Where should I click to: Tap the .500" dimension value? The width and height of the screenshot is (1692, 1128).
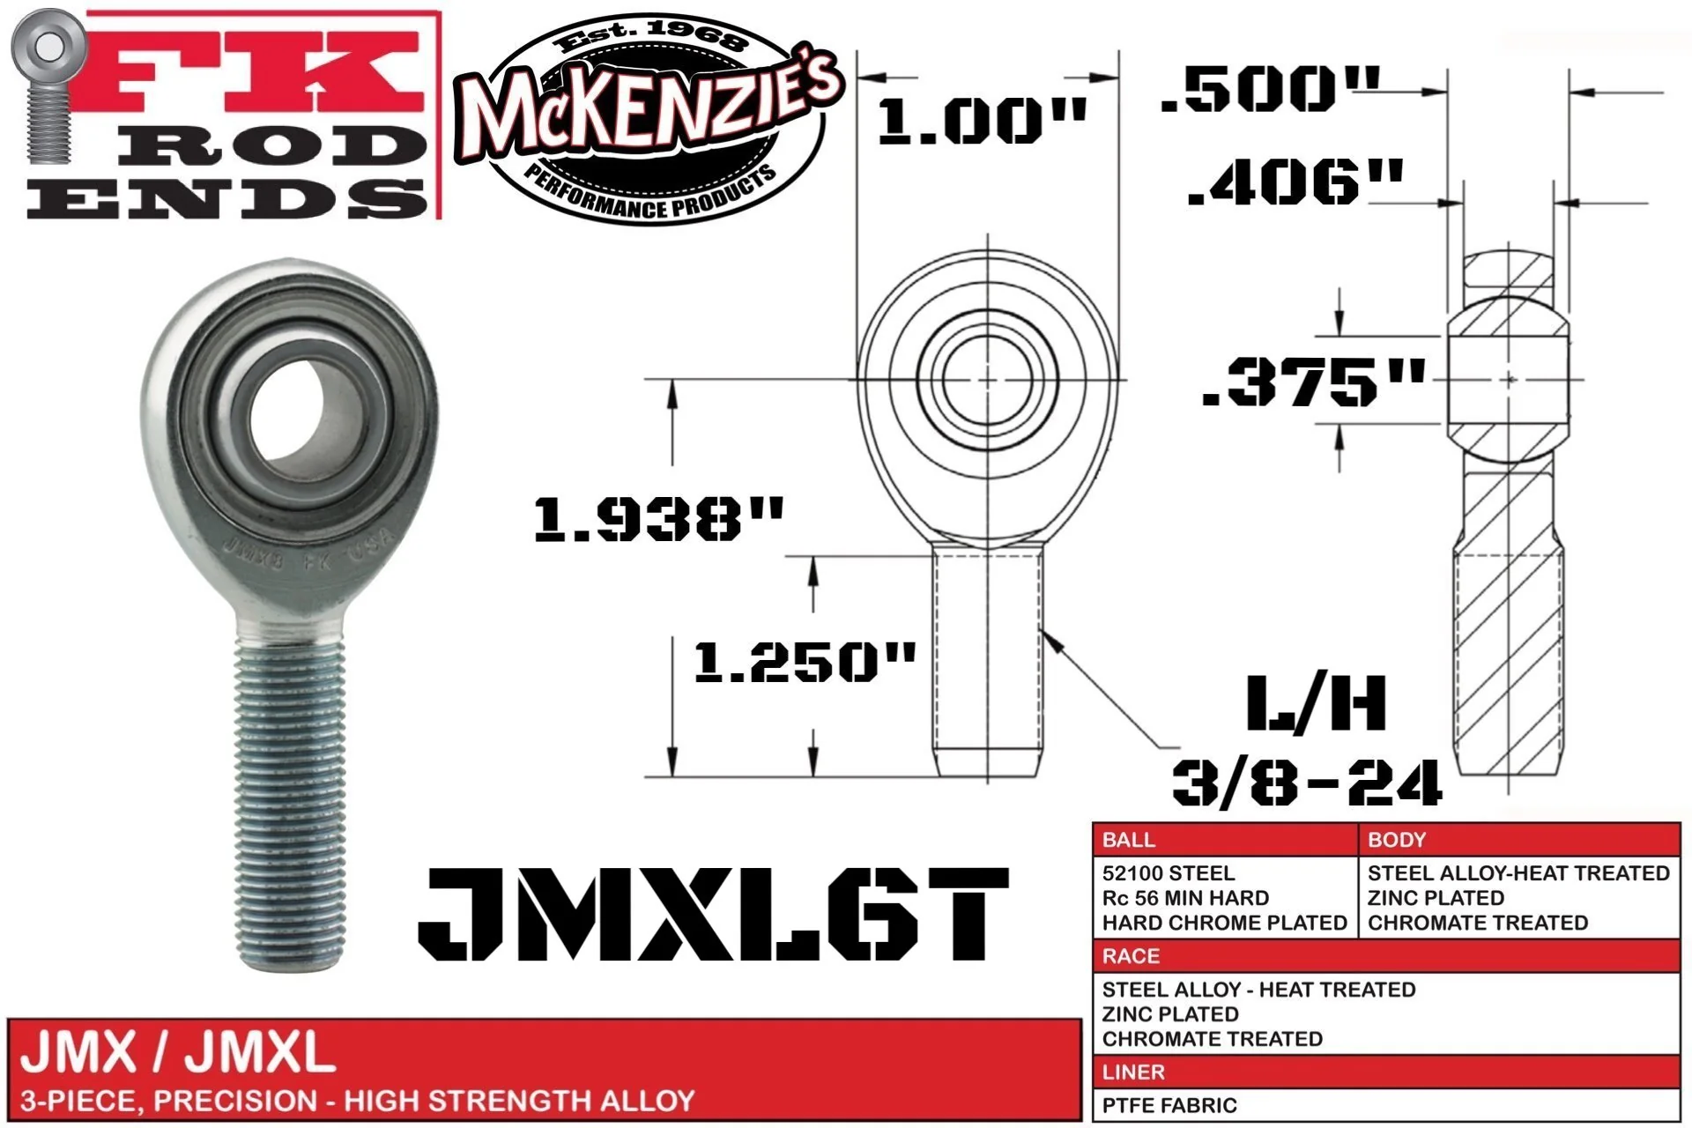coord(1270,89)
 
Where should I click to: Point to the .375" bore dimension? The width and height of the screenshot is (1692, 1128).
coord(1313,382)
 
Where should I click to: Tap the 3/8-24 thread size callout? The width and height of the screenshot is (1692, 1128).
coord(1307,782)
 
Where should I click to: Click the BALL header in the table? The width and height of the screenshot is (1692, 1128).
coord(1128,840)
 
